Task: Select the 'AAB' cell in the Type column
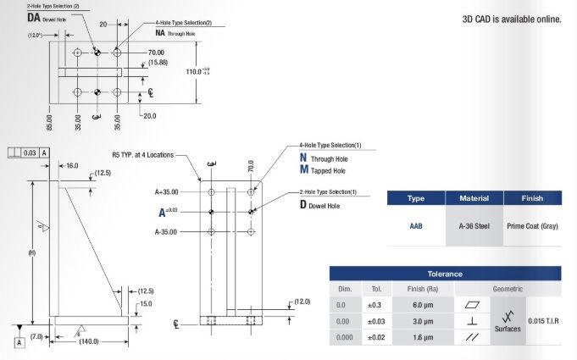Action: pos(416,226)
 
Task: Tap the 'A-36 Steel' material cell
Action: pos(474,226)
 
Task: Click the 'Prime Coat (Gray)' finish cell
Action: pos(531,226)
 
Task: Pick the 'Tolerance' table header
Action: pos(444,274)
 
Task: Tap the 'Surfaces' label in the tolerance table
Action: pos(507,329)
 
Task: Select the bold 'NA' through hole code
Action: pos(161,32)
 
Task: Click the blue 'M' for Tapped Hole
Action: pos(303,170)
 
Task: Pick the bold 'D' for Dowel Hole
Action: pos(302,206)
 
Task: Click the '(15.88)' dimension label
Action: pos(158,63)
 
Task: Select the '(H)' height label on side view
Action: pos(31,252)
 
